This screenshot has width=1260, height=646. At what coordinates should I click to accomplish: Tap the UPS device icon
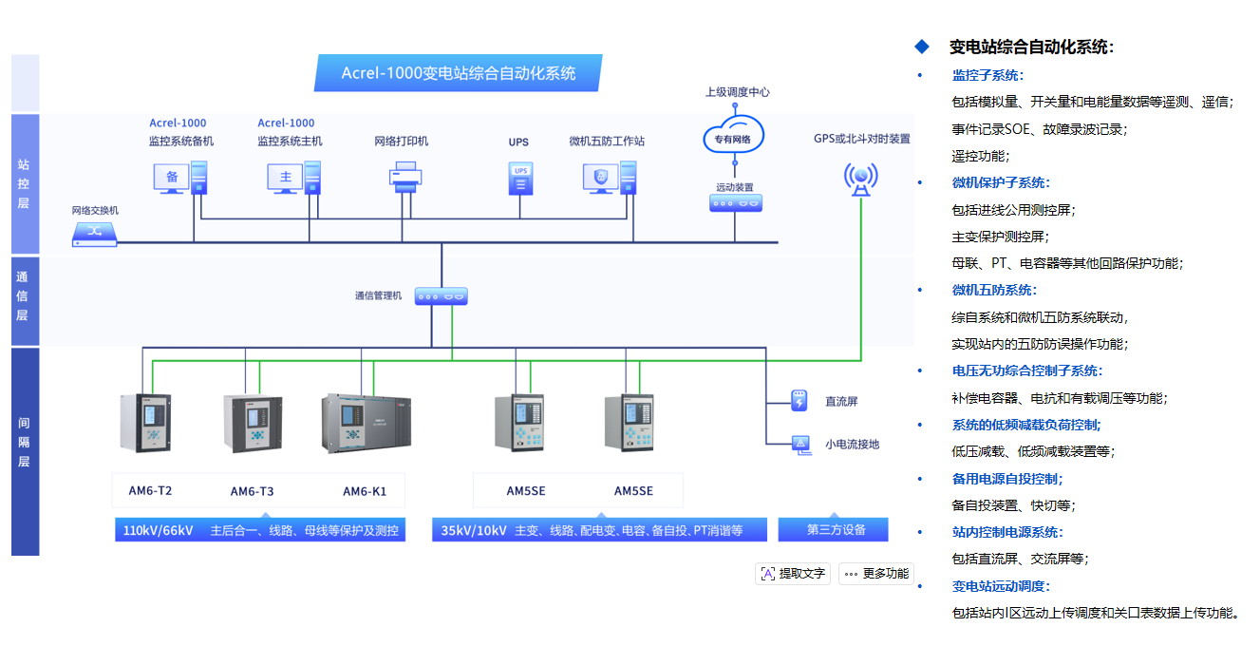519,178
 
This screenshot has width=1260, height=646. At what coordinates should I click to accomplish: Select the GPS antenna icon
860,178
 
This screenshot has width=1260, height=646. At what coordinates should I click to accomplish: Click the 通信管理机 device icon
442,296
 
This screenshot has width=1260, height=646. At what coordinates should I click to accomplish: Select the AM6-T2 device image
145,422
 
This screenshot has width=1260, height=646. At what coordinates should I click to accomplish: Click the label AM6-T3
252,491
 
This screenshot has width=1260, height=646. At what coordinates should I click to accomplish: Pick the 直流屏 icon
799,401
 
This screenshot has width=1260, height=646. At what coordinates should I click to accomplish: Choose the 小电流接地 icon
799,443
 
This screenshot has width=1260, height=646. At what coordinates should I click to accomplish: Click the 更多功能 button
875,574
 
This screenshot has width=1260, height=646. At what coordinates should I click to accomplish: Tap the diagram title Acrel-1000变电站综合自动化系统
459,73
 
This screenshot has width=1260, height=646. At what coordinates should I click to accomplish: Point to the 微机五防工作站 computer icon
609,177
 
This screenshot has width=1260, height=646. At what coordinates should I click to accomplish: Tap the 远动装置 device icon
735,202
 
